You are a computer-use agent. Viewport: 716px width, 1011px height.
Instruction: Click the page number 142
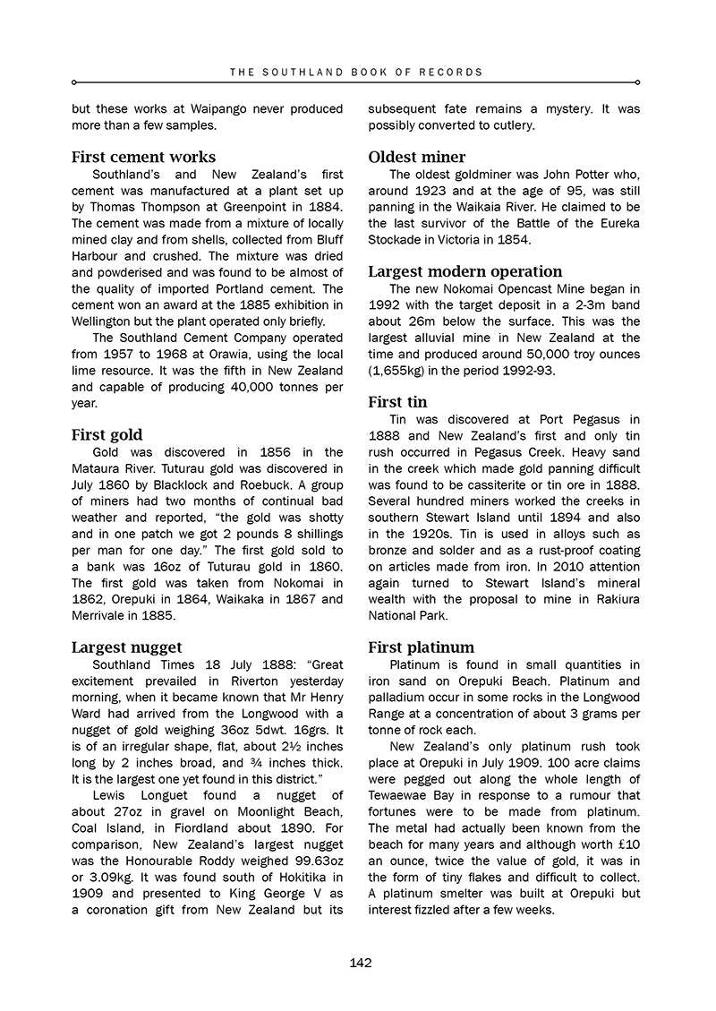(x=361, y=963)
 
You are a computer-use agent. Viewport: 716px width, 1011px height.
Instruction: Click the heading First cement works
(x=143, y=157)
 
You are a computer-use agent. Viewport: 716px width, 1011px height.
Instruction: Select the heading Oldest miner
(x=417, y=157)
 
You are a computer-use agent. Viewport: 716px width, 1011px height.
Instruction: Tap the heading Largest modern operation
(x=465, y=271)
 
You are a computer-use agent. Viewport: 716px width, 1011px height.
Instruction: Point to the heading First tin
(x=398, y=402)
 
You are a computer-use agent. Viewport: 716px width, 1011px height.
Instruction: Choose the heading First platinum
(x=422, y=647)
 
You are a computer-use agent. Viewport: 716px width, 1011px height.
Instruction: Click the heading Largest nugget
(x=126, y=647)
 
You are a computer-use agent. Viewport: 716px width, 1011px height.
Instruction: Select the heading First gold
(x=107, y=435)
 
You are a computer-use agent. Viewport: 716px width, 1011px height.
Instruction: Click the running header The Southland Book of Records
(x=356, y=72)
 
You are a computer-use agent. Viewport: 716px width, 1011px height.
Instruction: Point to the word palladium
(x=402, y=698)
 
